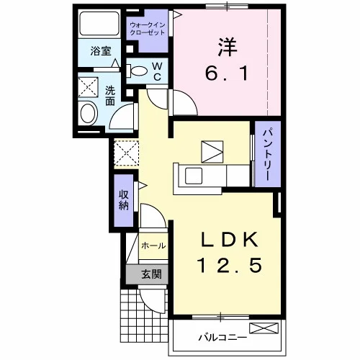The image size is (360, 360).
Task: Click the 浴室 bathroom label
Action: click(101, 51)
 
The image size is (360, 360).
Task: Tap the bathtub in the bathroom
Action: click(99, 24)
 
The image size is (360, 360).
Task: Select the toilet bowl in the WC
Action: click(137, 71)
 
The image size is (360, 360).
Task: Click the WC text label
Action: click(157, 71)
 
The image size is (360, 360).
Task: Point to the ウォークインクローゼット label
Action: click(148, 29)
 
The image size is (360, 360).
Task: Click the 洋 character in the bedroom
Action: click(227, 48)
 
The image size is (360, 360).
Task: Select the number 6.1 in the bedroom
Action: click(227, 73)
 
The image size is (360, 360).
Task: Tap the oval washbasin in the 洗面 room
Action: click(88, 113)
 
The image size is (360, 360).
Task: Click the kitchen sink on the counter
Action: click(194, 176)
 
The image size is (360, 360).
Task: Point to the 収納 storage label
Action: click(124, 200)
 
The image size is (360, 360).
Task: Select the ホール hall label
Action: click(153, 246)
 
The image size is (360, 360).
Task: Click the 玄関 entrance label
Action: click(151, 274)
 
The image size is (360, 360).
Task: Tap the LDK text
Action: click(230, 240)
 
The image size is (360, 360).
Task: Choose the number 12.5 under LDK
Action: click(229, 266)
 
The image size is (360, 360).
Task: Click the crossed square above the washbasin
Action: click(88, 87)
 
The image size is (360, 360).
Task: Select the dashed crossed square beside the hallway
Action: click(126, 153)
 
